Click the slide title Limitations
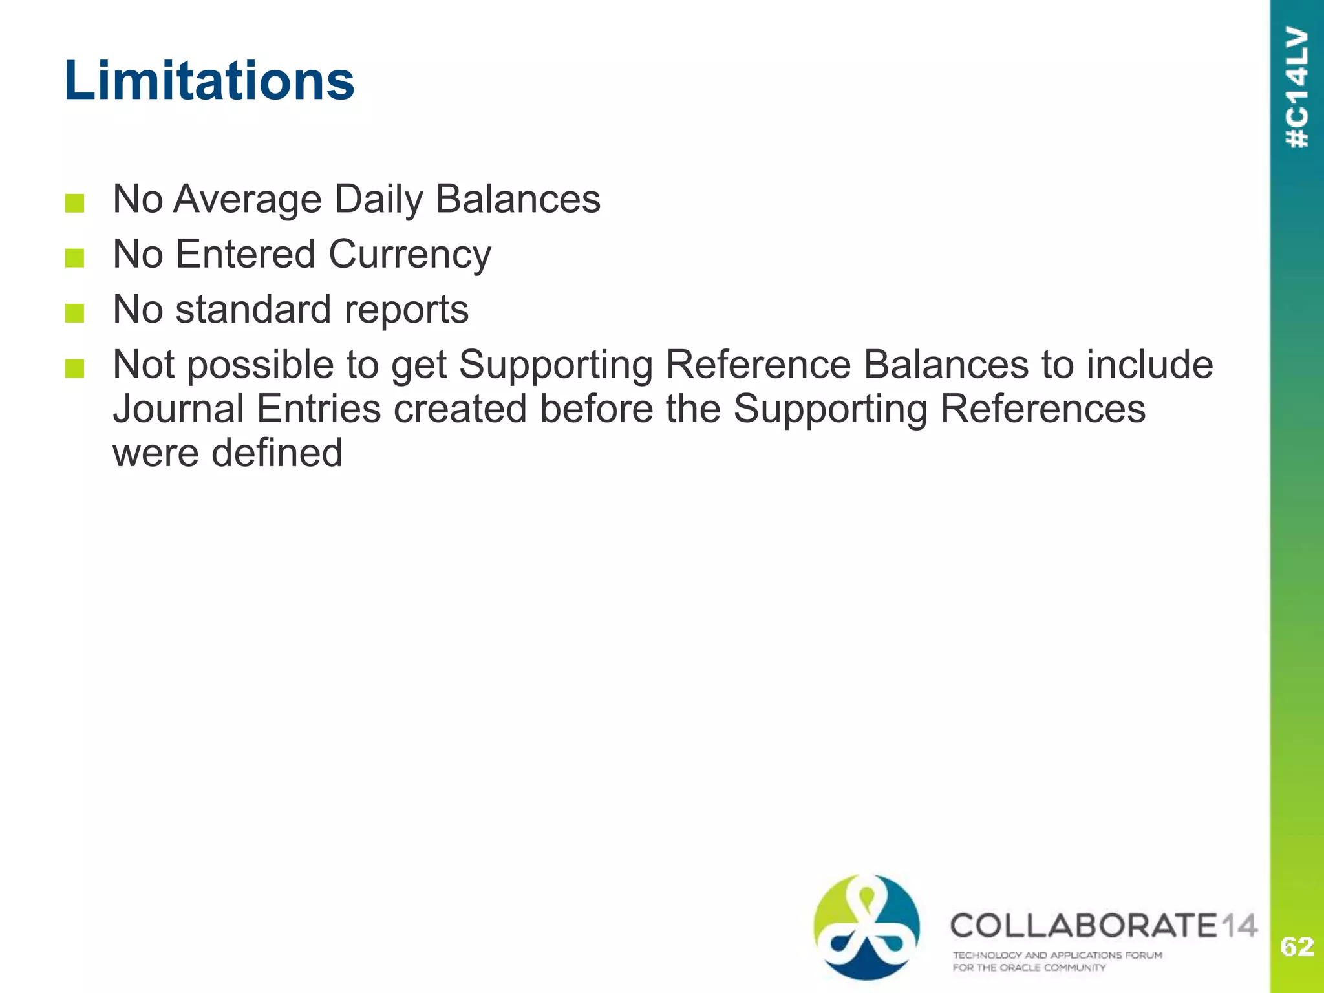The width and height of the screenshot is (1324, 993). pyautogui.click(x=209, y=80)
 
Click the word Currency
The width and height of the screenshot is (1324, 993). pyautogui.click(x=410, y=254)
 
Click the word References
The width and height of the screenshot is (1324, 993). pyautogui.click(x=1042, y=409)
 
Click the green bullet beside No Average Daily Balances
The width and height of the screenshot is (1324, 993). pyautogui.click(x=75, y=203)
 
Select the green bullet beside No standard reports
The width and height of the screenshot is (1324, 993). pyautogui.click(x=75, y=314)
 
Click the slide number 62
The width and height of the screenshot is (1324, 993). pyautogui.click(x=1297, y=946)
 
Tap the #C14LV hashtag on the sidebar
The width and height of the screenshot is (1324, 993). pyautogui.click(x=1297, y=87)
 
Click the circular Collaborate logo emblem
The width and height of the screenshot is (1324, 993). pyautogui.click(x=866, y=927)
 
